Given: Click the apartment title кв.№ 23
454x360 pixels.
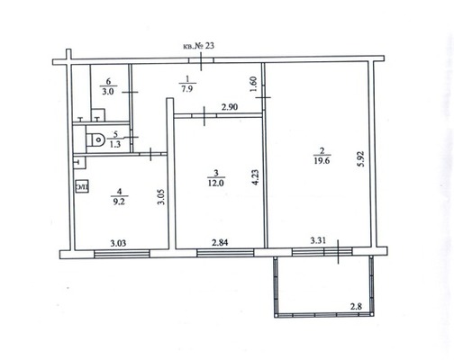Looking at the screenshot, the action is tap(198, 46).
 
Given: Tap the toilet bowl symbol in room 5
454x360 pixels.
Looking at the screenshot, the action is tap(95, 139).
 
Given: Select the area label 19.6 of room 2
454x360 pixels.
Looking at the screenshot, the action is tap(322, 160).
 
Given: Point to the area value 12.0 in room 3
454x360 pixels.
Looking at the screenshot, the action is tap(216, 183).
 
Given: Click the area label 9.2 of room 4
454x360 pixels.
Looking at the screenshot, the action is tap(119, 202).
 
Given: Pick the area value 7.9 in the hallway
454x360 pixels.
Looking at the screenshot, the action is tap(187, 89).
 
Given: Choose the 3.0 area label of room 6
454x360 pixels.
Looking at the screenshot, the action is tap(108, 91).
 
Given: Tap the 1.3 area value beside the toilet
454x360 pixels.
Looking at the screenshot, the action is tap(115, 144).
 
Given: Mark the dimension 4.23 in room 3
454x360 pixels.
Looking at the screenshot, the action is tap(255, 177).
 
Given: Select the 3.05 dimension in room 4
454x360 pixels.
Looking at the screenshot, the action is tap(161, 196).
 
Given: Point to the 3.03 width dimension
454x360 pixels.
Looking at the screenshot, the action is tap(118, 243).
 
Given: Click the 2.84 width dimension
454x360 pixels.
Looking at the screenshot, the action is tap(220, 242).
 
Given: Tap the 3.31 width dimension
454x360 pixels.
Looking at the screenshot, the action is tap(318, 240).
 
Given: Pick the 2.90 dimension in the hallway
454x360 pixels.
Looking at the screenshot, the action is tap(230, 107).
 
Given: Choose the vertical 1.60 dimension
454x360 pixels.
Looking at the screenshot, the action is tap(254, 85).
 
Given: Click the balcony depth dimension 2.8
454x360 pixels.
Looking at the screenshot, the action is tap(357, 307).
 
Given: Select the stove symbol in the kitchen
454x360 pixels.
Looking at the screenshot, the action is tap(82, 186).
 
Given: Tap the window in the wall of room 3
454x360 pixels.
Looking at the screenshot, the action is tap(225, 253).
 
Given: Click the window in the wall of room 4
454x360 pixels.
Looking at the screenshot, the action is tap(122, 254).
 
